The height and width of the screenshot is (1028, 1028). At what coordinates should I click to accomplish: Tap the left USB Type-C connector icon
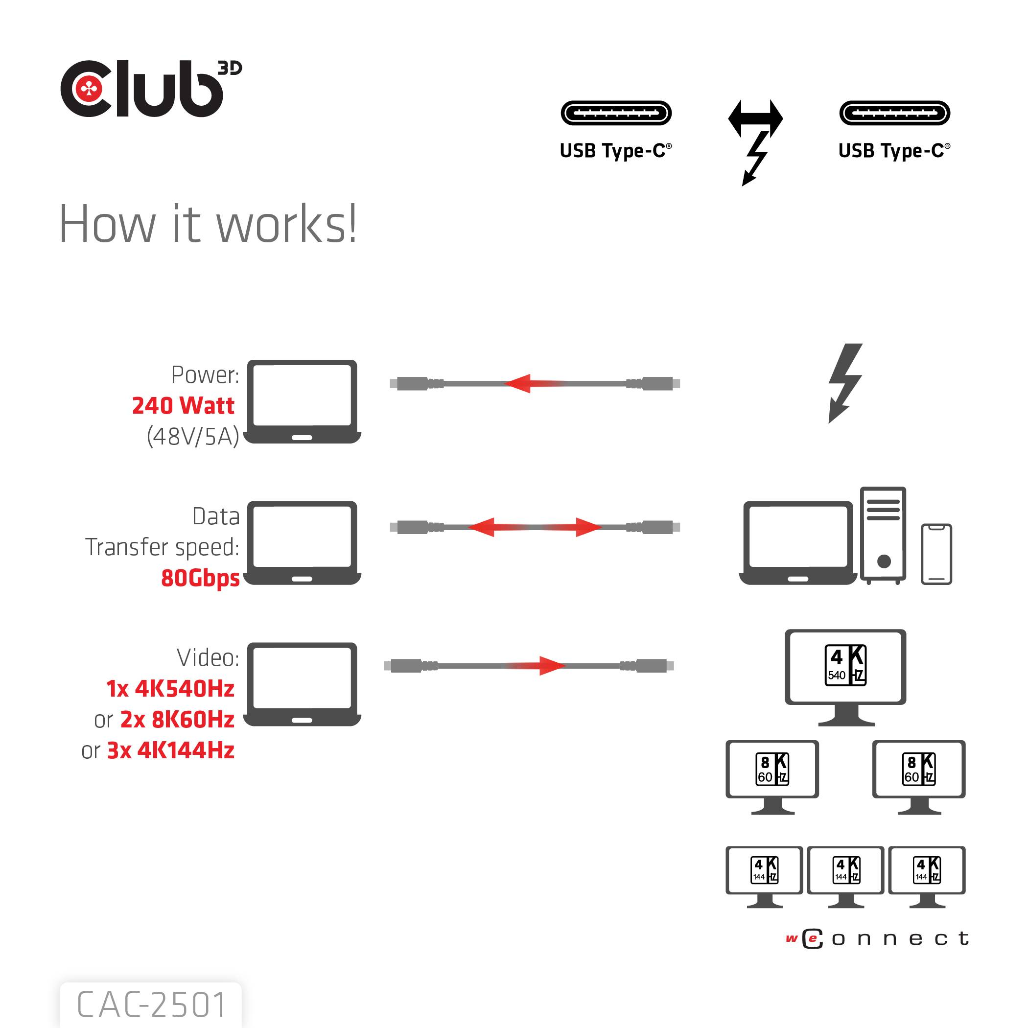(x=616, y=113)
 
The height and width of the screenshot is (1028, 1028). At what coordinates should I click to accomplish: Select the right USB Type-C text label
(x=893, y=151)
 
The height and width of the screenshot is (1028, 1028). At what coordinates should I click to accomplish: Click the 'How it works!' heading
(x=208, y=225)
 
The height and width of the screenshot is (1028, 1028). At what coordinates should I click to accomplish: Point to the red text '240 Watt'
(x=183, y=406)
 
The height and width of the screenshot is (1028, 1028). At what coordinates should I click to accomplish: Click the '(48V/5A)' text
(x=192, y=436)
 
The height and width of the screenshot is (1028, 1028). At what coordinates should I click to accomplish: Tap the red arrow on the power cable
(x=527, y=383)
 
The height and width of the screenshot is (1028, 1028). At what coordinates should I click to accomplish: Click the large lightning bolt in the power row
(x=844, y=383)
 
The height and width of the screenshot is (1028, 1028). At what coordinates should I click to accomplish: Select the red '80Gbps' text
(x=200, y=578)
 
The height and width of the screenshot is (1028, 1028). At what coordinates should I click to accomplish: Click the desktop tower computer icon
(x=883, y=535)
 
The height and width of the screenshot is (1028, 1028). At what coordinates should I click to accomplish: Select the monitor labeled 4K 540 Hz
(x=845, y=668)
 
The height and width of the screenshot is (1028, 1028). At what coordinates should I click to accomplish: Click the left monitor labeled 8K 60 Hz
(x=771, y=770)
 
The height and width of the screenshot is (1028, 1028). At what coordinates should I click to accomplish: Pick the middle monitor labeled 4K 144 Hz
(x=845, y=871)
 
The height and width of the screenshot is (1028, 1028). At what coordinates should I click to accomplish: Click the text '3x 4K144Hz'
(x=170, y=751)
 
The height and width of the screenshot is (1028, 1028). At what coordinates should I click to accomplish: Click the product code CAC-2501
(x=151, y=1004)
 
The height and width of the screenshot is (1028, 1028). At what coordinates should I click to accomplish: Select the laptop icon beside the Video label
(x=302, y=684)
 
